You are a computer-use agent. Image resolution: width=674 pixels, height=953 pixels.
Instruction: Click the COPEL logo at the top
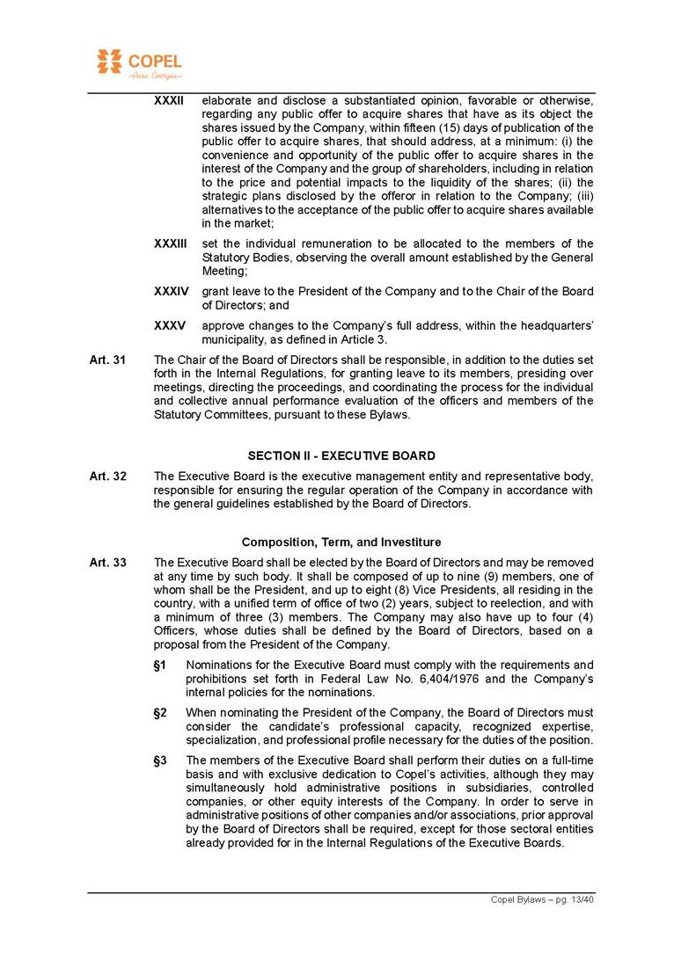coord(138,63)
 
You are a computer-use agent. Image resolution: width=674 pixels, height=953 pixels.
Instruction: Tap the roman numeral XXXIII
coord(171,244)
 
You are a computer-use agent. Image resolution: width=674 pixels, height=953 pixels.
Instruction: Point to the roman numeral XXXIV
coord(171,291)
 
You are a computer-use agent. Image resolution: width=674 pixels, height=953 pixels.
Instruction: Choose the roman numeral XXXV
coord(169,324)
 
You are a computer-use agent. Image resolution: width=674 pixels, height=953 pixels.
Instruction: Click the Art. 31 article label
coord(107,359)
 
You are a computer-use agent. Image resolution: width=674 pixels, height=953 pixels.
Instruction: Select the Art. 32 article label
coord(107,476)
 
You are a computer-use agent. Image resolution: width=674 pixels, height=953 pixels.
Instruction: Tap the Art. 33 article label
coord(107,562)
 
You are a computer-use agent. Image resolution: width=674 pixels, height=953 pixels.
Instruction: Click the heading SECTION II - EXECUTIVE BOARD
coord(341,455)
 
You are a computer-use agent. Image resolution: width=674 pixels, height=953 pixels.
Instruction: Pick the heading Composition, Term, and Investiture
coord(341,542)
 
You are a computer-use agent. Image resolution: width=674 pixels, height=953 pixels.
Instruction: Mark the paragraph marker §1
coord(160,665)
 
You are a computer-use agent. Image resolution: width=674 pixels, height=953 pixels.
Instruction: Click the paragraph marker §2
coord(160,712)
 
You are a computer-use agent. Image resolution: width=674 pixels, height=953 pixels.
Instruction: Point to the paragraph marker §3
coord(160,760)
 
